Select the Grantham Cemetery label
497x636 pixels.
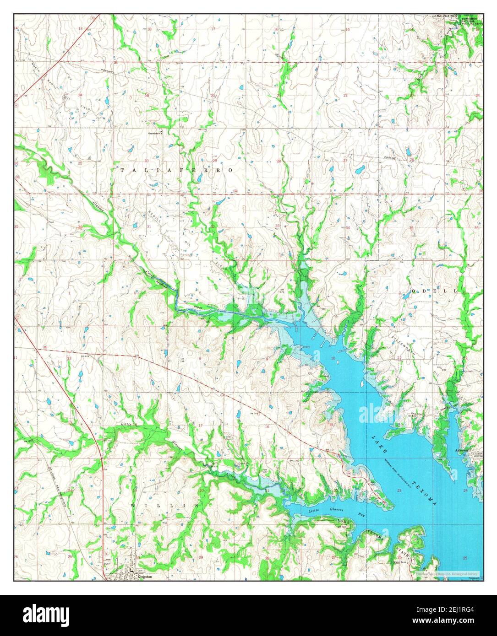click(x=154, y=134)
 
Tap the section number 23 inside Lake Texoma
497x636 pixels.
click(x=399, y=490)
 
